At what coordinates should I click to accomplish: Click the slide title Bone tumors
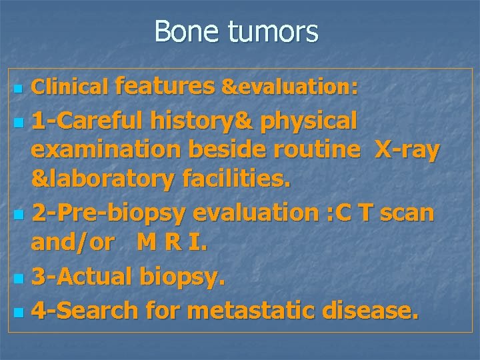pyautogui.click(x=236, y=31)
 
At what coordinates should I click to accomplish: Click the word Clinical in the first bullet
pyautogui.click(x=70, y=86)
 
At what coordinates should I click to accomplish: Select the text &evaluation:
pyautogui.click(x=290, y=86)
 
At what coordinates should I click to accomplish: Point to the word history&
pyautogui.click(x=203, y=121)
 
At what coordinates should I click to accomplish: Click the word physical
pyautogui.click(x=309, y=121)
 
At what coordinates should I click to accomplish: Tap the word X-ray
pyautogui.click(x=407, y=150)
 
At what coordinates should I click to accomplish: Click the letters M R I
pyautogui.click(x=172, y=243)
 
